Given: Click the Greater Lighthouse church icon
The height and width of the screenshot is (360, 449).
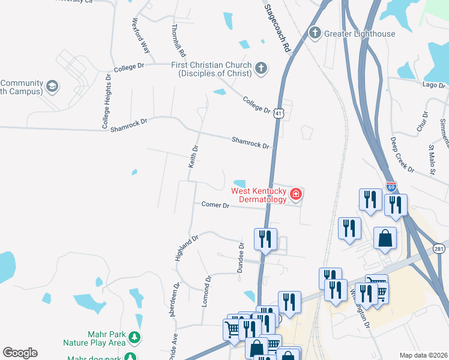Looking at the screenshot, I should click(315, 33).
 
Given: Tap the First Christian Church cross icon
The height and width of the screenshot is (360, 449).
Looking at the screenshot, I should click(261, 68).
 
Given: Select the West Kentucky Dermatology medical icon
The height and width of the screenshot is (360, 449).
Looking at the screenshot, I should click(295, 194).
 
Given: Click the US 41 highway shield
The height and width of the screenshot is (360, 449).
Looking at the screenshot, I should click(277, 113).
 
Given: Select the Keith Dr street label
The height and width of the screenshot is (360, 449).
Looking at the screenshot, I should click(193, 162).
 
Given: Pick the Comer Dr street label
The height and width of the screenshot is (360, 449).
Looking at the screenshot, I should click(215, 205).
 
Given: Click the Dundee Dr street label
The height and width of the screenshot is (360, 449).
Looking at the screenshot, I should click(240, 259).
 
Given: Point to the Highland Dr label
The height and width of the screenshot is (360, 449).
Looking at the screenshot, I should click(186, 248).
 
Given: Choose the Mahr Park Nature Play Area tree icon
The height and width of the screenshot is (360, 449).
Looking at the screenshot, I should click(136, 338).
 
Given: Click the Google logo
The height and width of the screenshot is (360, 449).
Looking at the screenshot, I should click(20, 353).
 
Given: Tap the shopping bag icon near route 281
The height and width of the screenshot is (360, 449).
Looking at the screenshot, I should click(385, 238).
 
